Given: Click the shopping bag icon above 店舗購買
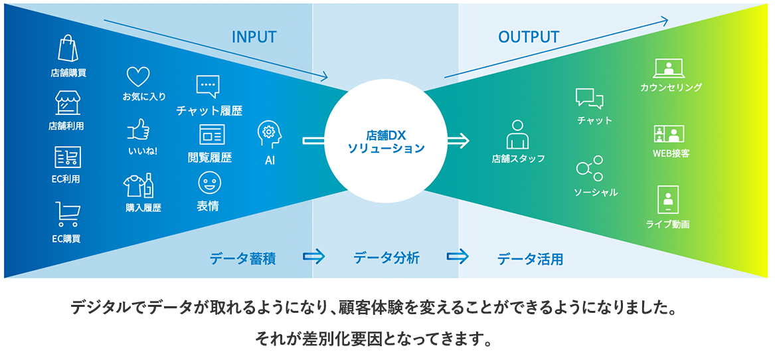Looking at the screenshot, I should tap(68, 48).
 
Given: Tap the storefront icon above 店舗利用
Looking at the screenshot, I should tap(67, 103).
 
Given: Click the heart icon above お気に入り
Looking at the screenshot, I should tap(138, 77).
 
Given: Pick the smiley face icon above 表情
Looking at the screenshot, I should tap(209, 183).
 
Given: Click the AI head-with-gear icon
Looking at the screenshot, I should tap(270, 134).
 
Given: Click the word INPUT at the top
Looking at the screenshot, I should tap(254, 37).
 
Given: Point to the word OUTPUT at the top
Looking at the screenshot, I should tap(529, 37).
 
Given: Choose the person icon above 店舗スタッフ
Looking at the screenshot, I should tap(518, 135).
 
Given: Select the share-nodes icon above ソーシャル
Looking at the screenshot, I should tap(590, 169).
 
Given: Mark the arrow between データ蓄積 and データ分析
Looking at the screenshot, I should tap(314, 256).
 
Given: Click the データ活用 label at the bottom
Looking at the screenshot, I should tap(530, 259).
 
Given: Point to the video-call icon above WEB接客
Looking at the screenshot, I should tap(668, 134).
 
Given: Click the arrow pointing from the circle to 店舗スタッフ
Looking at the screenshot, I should tap(458, 141).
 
